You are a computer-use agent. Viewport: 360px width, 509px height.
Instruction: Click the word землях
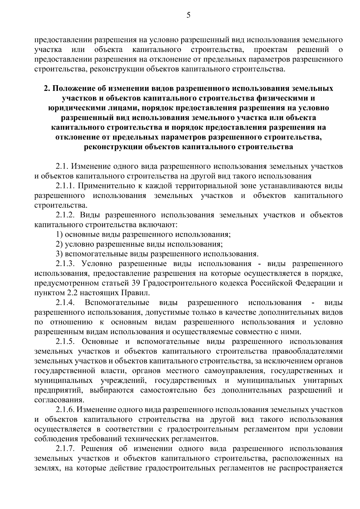(45, 469)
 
